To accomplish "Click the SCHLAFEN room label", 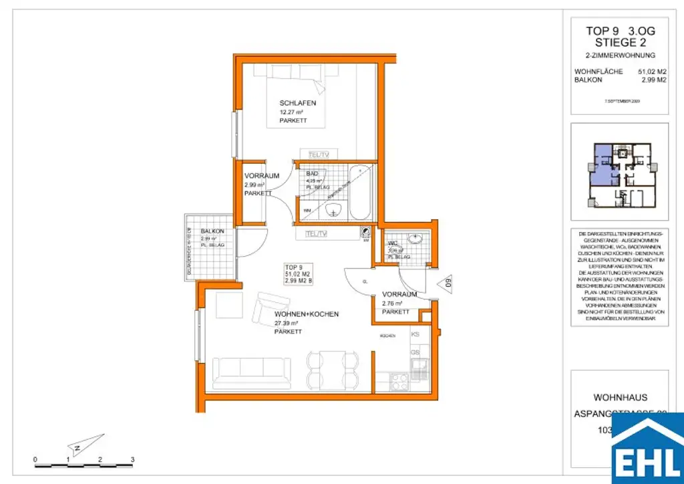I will click(297, 104).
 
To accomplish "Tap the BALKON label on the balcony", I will click(212, 231).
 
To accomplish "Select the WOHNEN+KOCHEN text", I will click(307, 314).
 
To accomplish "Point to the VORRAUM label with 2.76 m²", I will click(399, 294).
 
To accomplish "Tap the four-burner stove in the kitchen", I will click(399, 382).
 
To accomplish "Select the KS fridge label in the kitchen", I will click(415, 334).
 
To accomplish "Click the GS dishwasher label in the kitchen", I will click(415, 352).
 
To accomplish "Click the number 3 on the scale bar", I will click(133, 460).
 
